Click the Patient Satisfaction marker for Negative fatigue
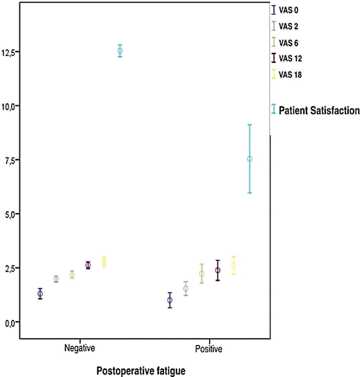[x=120, y=51]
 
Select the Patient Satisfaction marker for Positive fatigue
[x=249, y=159]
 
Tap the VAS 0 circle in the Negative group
[x=40, y=294]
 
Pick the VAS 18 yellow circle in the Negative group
[x=104, y=262]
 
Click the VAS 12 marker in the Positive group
[x=217, y=270]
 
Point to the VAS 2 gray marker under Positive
[x=185, y=288]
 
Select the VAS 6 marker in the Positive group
[x=202, y=273]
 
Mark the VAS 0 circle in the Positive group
[x=170, y=300]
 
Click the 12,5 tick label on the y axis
[x=9, y=53]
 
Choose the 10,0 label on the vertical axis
[x=9, y=107]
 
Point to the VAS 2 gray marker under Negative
[x=56, y=279]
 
